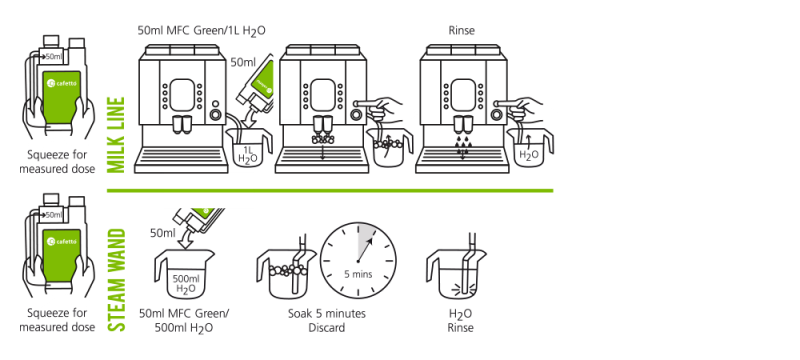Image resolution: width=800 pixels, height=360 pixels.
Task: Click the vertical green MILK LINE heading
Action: [x=116, y=135]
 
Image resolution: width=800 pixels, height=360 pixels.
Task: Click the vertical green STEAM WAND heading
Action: [x=116, y=280]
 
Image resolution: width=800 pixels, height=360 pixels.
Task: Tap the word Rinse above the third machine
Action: [x=462, y=31]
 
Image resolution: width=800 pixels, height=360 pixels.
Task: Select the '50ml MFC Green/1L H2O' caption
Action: [x=202, y=31]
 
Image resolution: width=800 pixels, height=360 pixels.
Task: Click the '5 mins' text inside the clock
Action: [x=358, y=274]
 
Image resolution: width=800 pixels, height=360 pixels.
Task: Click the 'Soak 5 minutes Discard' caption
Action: [x=327, y=320]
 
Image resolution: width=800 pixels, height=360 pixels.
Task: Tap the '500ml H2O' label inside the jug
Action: [x=186, y=284]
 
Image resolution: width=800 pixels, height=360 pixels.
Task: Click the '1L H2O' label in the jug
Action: [x=248, y=155]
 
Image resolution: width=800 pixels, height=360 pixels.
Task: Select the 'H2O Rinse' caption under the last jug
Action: [x=461, y=321]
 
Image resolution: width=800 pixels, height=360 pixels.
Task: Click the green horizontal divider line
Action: [x=330, y=191]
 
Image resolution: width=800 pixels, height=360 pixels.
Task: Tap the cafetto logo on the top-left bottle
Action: [x=61, y=83]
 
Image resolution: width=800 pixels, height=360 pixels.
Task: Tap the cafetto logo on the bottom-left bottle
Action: [x=61, y=241]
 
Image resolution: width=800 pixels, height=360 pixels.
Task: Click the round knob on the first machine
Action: [x=216, y=114]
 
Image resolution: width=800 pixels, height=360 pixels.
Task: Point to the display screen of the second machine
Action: [x=322, y=94]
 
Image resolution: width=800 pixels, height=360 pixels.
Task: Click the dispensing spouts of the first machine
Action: [x=182, y=125]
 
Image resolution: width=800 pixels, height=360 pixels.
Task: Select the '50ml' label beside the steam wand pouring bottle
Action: [x=163, y=233]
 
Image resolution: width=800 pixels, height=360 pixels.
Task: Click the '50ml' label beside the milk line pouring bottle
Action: [x=243, y=63]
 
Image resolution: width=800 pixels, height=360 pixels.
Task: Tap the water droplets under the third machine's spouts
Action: [x=462, y=145]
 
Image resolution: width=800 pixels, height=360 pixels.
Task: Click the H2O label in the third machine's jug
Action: [x=527, y=155]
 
